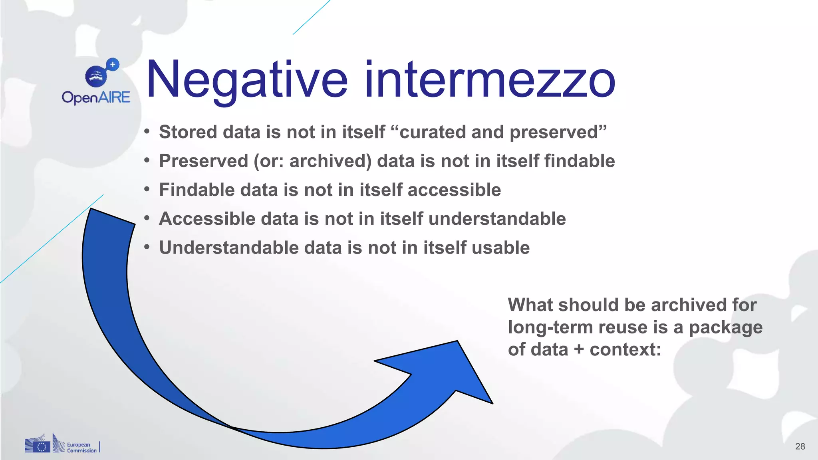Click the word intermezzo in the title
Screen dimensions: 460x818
(490, 80)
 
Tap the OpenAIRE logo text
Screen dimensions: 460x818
(96, 97)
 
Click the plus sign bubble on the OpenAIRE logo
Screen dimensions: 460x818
(113, 64)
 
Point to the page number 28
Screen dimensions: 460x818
(800, 446)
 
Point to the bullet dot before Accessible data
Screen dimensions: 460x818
(147, 218)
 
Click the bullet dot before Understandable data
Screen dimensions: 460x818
(147, 247)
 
